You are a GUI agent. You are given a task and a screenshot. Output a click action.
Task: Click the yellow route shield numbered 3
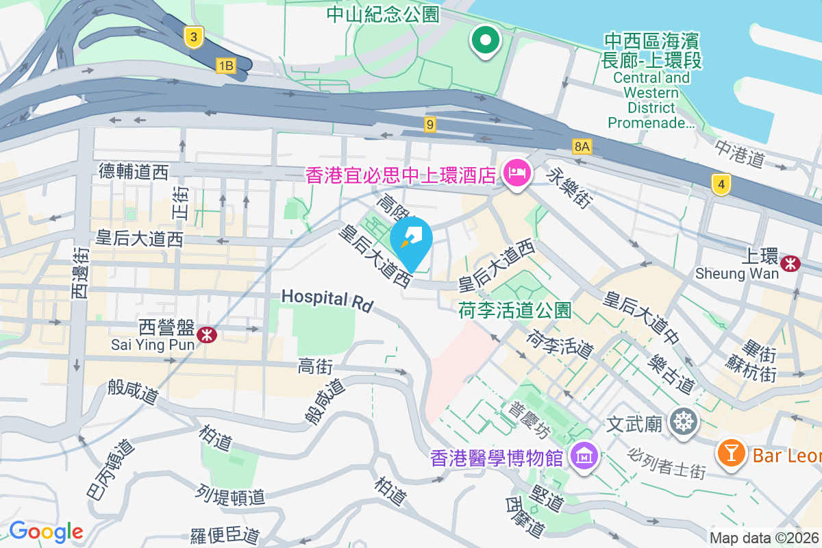195,38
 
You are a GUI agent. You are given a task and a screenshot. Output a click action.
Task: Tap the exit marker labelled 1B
225,66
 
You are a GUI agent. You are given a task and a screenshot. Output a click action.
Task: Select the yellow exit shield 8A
582,146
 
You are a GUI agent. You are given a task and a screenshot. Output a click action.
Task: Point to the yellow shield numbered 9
429,124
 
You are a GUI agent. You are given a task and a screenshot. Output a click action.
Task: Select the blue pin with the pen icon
411,240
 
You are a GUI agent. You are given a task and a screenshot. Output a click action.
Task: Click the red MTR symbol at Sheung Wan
792,262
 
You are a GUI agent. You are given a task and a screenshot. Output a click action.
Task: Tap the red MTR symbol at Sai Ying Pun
205,334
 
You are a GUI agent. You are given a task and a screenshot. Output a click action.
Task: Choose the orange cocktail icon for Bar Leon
732,453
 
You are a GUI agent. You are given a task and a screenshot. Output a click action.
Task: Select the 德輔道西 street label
134,171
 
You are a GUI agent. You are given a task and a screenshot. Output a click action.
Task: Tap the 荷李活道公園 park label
514,310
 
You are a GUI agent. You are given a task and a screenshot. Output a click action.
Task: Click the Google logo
47,532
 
